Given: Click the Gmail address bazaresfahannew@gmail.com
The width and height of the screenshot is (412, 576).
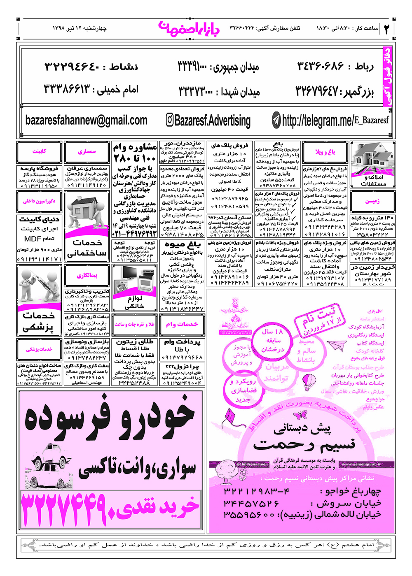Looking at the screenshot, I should tap(86, 120).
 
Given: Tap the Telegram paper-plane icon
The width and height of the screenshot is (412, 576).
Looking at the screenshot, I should tap(276, 120).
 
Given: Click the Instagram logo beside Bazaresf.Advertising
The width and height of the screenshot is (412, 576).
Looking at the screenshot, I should tap(169, 120).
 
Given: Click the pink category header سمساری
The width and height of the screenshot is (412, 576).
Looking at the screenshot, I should tap(87, 151).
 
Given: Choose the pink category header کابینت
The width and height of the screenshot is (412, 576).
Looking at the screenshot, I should tap(40, 151).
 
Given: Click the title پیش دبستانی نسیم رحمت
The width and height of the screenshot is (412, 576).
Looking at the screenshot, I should tap(304, 437).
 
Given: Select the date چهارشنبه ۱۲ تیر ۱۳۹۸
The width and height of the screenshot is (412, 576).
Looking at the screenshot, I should tap(80, 28).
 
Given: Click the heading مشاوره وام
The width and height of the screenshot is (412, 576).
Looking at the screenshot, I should tap(135, 147).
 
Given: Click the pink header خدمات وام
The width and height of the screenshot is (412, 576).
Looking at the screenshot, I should tap(182, 324).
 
